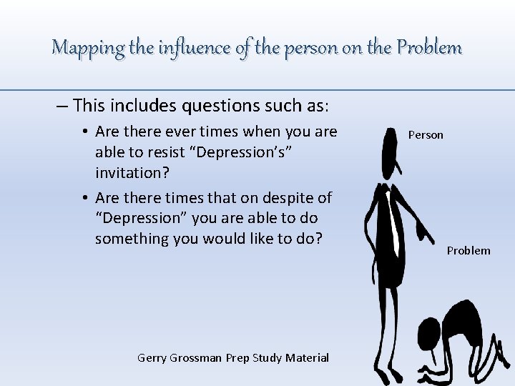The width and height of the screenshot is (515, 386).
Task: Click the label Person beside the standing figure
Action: [x=426, y=135]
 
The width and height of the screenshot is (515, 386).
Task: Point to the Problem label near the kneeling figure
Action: [x=469, y=250]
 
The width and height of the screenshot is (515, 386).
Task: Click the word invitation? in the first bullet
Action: [x=131, y=172]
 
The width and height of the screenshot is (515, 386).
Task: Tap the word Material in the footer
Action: [x=307, y=358]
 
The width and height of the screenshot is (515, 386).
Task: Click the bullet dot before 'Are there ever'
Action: [x=84, y=132]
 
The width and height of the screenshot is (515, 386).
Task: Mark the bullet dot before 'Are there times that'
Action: [x=84, y=198]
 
